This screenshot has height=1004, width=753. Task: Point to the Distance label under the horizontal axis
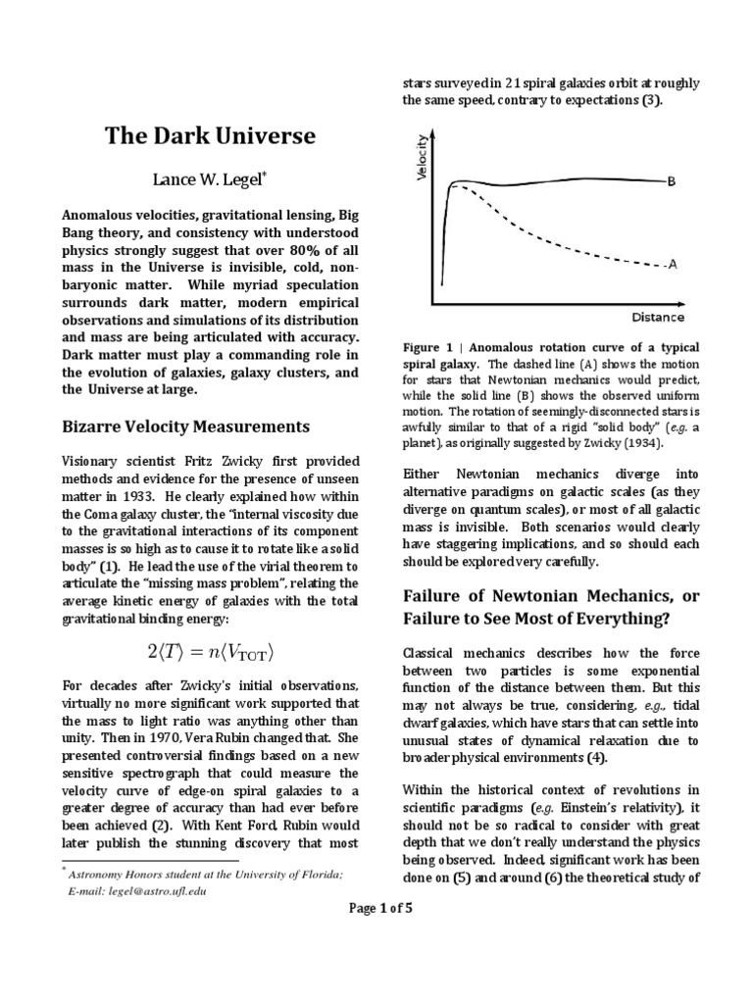[658, 318]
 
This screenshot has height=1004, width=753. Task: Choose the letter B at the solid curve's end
[672, 180]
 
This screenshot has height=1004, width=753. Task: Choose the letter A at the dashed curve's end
[673, 265]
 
